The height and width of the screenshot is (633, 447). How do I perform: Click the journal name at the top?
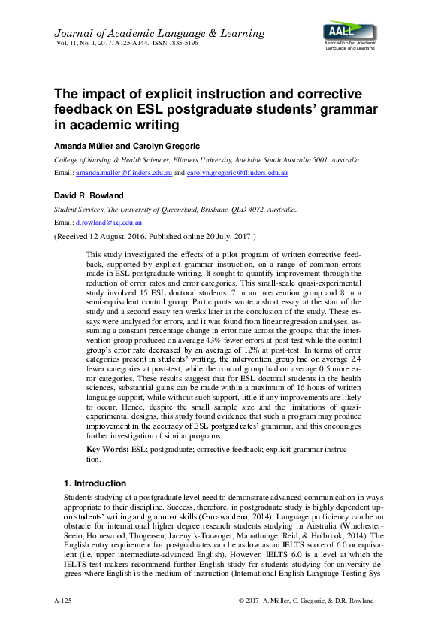coord(159,33)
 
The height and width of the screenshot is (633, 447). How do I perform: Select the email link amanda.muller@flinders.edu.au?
coord(123,174)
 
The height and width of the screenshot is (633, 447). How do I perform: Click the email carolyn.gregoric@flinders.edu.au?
coord(238,174)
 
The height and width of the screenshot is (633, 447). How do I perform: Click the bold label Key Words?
coord(109,449)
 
